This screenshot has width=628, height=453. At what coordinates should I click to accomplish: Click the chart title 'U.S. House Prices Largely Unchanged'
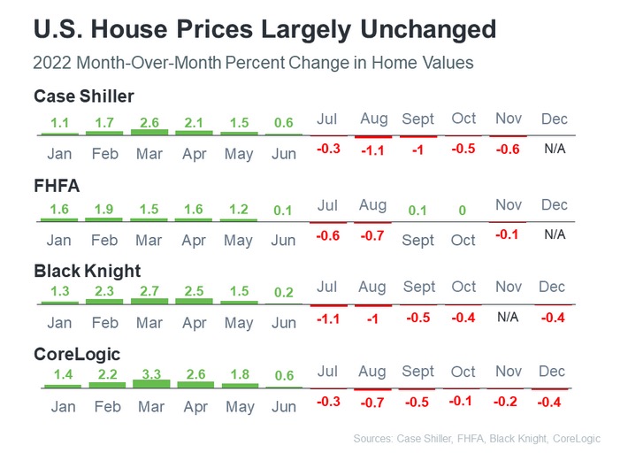(x=264, y=29)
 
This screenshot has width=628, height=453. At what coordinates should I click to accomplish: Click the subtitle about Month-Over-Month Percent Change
(x=253, y=63)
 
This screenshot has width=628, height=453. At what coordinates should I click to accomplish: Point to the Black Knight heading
(x=87, y=271)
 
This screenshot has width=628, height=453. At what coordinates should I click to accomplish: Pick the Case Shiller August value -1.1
(x=372, y=150)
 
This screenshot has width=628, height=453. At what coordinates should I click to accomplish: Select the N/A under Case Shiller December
(x=555, y=149)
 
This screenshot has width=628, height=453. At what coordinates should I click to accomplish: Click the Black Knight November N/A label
(x=508, y=316)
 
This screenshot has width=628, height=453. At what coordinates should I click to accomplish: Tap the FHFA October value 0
(x=462, y=210)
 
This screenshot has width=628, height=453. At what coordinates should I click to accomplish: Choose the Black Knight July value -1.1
(x=328, y=318)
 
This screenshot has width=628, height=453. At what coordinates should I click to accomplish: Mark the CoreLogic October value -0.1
(x=462, y=400)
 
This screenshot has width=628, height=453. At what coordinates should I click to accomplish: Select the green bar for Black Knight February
(x=104, y=302)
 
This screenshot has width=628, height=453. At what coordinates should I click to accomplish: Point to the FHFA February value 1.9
(x=104, y=209)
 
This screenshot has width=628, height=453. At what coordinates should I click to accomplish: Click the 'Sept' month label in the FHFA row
(x=417, y=240)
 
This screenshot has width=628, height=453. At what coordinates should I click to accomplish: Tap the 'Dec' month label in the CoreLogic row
(x=552, y=372)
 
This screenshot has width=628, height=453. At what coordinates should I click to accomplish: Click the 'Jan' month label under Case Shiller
(x=58, y=153)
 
